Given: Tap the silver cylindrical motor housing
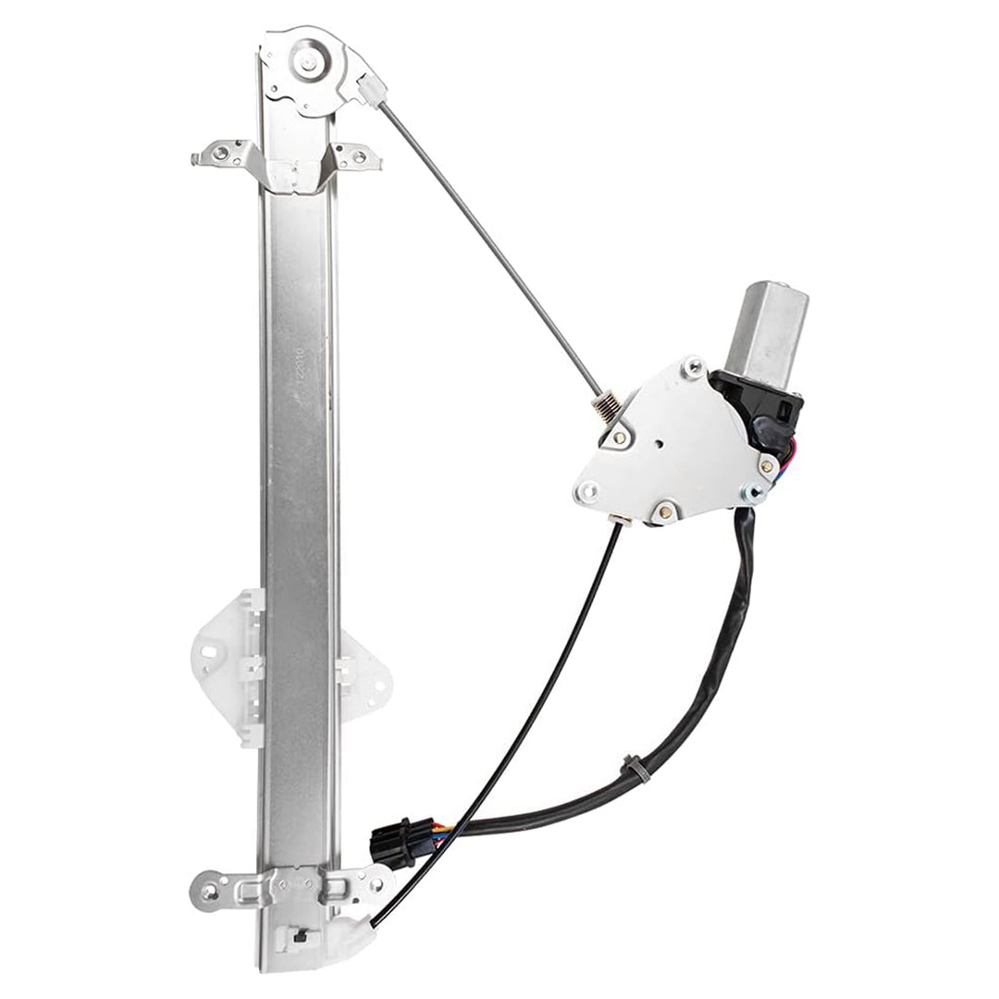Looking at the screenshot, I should click(x=770, y=331).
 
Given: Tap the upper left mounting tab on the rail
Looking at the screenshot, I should click(x=220, y=154).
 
